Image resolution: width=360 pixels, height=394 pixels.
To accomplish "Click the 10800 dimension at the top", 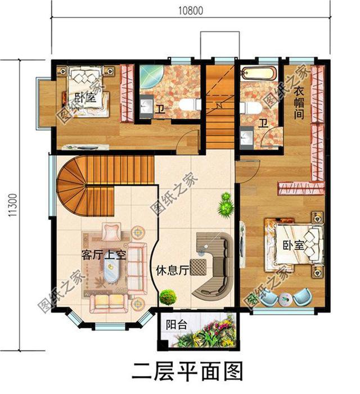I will (x=191, y=10).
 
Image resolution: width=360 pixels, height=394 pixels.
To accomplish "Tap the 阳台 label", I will (x=174, y=325).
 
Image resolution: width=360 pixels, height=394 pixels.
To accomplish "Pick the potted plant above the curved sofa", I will (x=226, y=205).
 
